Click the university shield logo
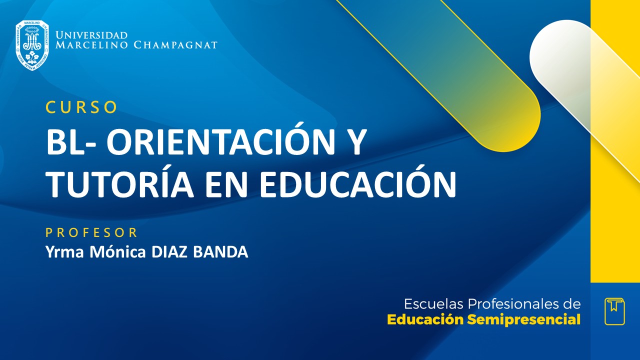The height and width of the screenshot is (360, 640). click(x=32, y=45)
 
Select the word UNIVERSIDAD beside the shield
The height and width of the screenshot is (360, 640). click(x=91, y=35)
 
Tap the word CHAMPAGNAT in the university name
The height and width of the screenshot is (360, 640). click(x=175, y=45)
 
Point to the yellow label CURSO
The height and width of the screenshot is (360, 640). click(x=81, y=107)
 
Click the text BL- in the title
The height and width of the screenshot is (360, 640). click(x=71, y=142)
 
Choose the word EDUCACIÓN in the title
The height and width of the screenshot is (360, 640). click(x=358, y=183)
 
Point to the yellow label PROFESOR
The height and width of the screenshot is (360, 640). click(x=91, y=232)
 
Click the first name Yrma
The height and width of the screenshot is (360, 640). click(x=65, y=252)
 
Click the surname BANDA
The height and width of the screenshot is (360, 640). click(x=220, y=252)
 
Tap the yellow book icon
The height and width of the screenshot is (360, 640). click(x=614, y=311)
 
